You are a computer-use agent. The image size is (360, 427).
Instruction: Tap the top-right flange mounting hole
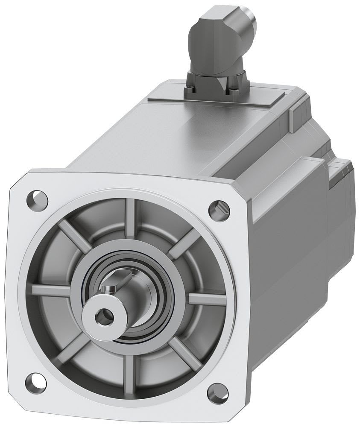point(219,208)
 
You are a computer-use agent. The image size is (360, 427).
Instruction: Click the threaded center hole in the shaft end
point(101,316)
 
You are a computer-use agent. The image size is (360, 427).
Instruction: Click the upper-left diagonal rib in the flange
point(75,235)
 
